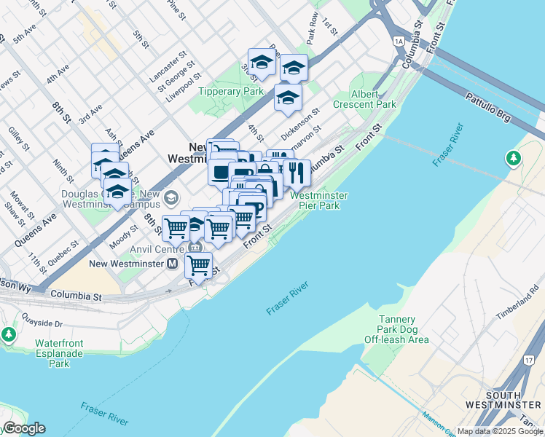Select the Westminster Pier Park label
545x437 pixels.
pyautogui.click(x=319, y=200)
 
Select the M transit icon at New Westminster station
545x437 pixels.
pyautogui.click(x=173, y=263)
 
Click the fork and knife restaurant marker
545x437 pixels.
pyautogui.click(x=296, y=173)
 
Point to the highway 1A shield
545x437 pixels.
pyautogui.click(x=399, y=42)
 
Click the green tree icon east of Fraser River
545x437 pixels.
pyautogui.click(x=514, y=158)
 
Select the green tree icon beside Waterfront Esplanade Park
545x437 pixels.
pyautogui.click(x=8, y=334)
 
